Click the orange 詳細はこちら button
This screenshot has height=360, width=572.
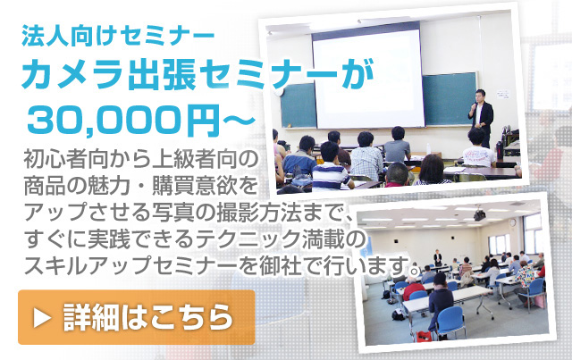(137, 317)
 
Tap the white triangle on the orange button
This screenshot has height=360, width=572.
(42, 318)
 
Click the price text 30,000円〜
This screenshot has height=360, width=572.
(141, 121)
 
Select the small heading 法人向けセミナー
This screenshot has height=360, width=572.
(117, 36)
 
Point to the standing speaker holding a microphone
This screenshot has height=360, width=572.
(481, 117)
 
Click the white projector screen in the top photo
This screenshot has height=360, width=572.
(367, 79)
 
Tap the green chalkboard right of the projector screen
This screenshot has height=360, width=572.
(450, 98)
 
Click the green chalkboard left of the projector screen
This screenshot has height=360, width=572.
(298, 105)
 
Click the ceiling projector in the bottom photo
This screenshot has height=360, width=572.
(479, 214)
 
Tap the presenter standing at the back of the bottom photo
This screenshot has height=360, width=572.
(437, 257)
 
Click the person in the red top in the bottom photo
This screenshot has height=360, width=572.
(413, 288)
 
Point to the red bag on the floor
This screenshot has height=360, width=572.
(424, 336)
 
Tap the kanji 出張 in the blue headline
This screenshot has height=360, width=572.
(161, 75)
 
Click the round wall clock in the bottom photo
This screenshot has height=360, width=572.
(513, 222)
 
